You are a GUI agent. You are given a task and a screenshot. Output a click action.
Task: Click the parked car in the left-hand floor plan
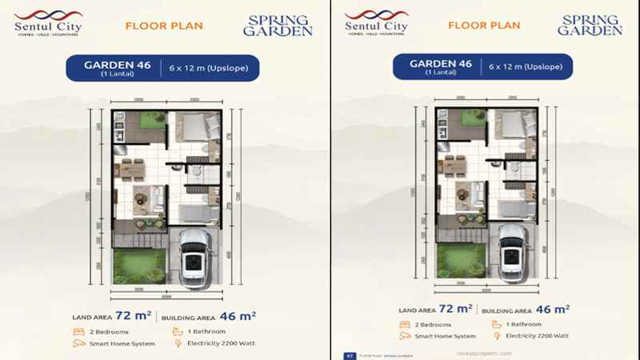tap(195, 255)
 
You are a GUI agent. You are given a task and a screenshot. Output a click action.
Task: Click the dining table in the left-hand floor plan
tap(128, 169)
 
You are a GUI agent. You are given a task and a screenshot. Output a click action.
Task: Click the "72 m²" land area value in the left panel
tap(134, 315)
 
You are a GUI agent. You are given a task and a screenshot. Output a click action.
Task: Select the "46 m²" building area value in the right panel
tap(553, 308)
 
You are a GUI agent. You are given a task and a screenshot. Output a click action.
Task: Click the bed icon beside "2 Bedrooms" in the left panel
tap(80, 331)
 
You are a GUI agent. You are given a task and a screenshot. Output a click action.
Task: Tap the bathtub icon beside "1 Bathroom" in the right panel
tap(489, 324)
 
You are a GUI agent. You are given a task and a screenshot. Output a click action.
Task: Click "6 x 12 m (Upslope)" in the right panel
tap(526, 67)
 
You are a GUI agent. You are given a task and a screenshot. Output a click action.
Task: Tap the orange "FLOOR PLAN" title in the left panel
tap(164, 26)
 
